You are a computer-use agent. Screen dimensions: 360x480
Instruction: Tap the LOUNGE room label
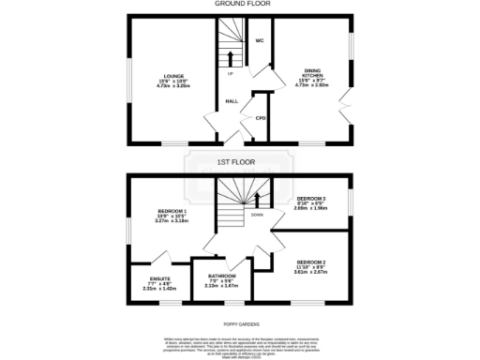172,76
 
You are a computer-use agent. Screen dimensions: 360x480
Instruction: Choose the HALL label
230,101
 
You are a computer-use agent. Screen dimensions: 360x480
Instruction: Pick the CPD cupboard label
261,118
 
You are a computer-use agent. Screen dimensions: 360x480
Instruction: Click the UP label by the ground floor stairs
230,73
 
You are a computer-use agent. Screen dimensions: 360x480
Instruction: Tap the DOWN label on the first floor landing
256,215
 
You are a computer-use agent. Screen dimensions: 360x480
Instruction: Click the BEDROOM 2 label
310,262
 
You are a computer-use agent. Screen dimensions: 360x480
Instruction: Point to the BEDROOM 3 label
310,199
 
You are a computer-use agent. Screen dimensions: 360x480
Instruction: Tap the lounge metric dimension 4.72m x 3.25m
172,86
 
